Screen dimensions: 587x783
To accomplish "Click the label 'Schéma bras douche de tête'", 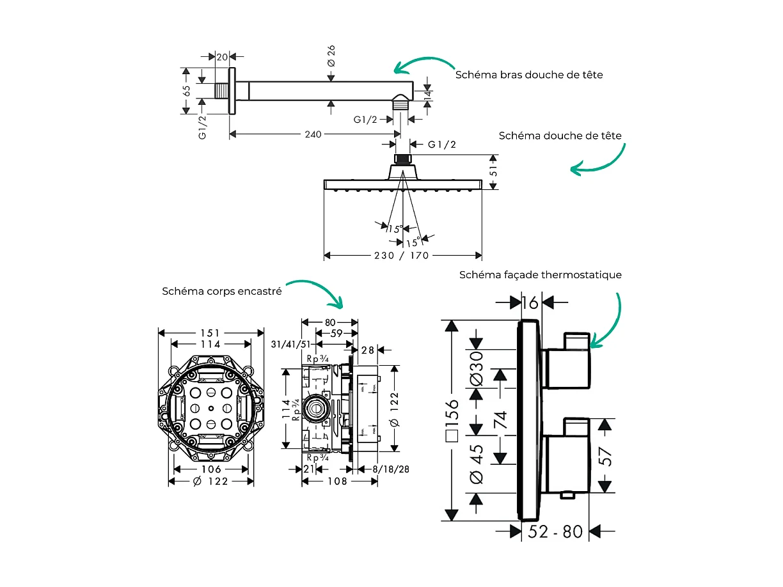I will click(x=529, y=75).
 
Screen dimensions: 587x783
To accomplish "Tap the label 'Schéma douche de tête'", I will click(x=560, y=136).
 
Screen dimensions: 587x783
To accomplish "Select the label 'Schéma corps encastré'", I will click(x=221, y=291).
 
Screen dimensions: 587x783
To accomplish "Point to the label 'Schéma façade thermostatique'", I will click(x=541, y=275).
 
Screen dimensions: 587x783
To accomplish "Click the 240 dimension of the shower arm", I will click(x=313, y=134).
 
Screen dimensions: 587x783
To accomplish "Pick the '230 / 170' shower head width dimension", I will click(x=402, y=256).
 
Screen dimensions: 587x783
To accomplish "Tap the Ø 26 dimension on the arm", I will click(x=331, y=56).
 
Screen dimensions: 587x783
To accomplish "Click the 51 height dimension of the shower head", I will click(x=494, y=171).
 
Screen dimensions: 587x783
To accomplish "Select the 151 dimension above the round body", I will click(x=210, y=333).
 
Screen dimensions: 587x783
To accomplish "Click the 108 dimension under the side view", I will click(x=337, y=481).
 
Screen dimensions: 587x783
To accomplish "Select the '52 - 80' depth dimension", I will click(x=555, y=531).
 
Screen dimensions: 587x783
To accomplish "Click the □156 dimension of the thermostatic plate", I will click(x=452, y=422).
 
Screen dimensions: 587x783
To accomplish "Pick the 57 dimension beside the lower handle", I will click(x=605, y=455).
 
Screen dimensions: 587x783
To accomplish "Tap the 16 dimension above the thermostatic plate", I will click(x=530, y=302).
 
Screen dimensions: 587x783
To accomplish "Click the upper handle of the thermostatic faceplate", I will click(x=568, y=365).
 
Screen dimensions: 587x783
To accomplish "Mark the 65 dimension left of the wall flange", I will click(x=187, y=91).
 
